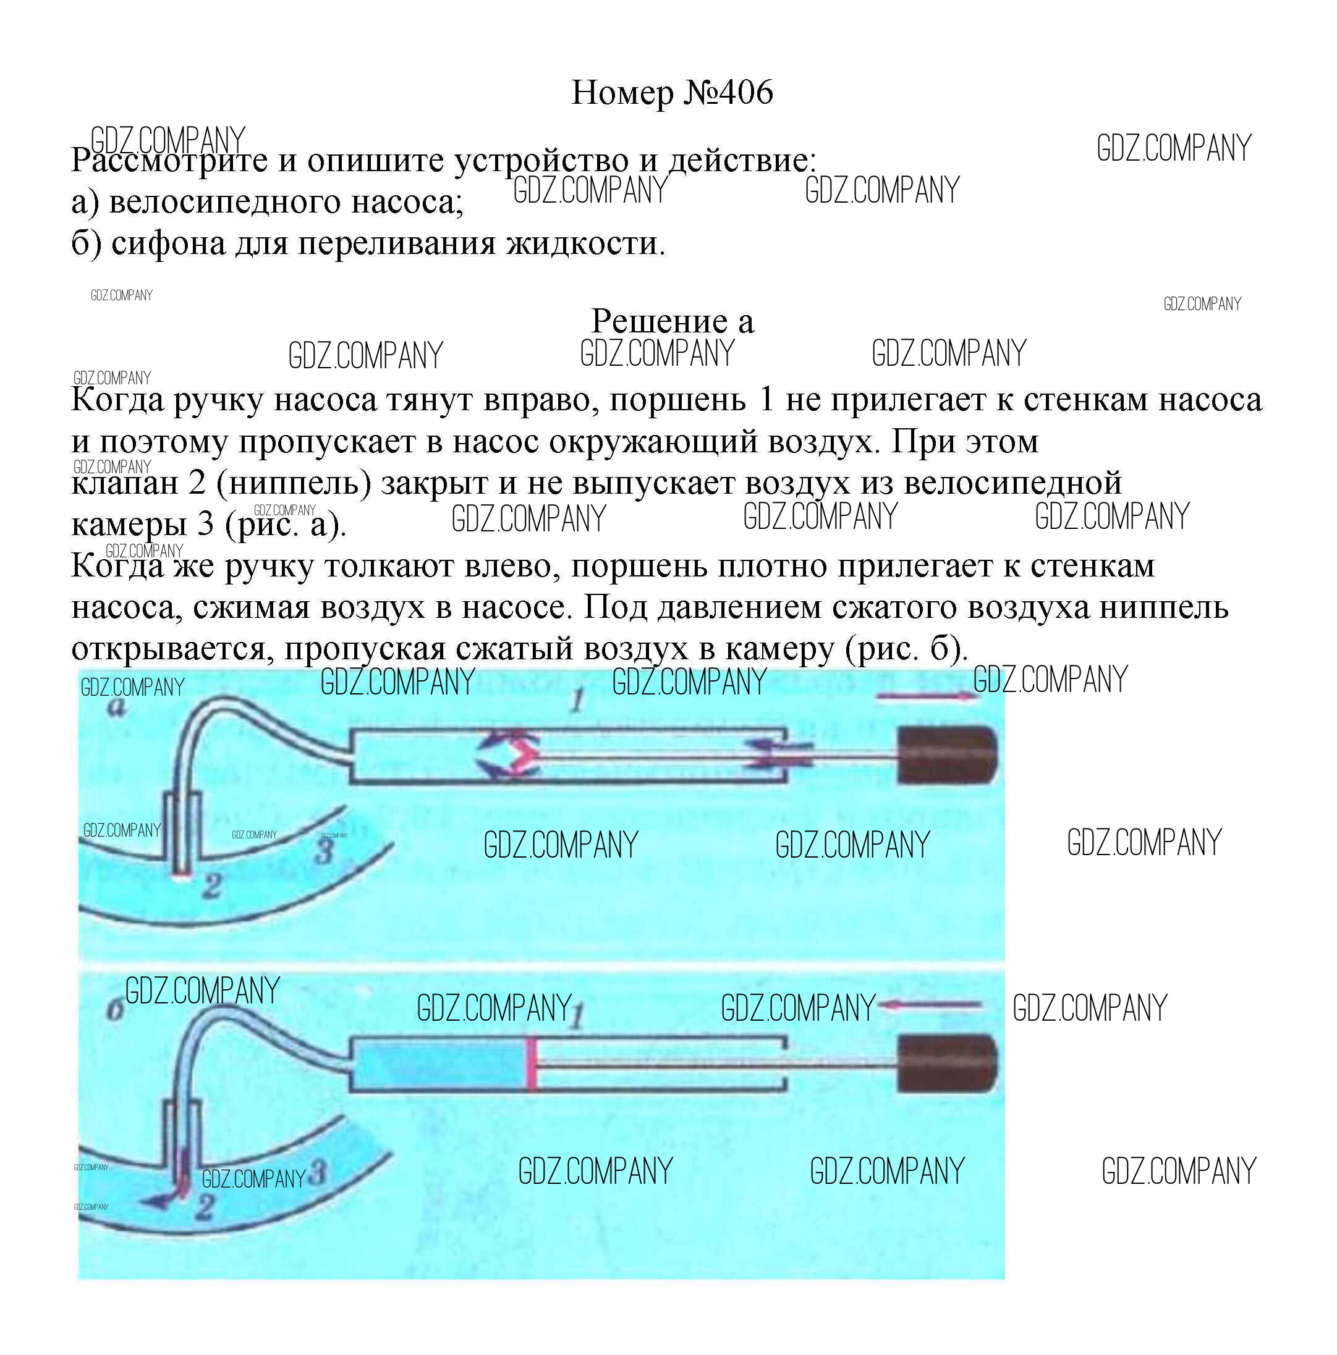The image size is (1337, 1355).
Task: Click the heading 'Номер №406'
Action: point(671,92)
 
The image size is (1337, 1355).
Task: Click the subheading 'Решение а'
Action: point(671,321)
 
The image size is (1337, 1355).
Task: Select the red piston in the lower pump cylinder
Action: point(532,1064)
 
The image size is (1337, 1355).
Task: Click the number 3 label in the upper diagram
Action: point(324,852)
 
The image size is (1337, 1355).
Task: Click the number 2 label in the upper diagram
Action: point(211,887)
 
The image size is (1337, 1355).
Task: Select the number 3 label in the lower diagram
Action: point(317,1172)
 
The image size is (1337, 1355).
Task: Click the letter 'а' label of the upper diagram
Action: point(117,708)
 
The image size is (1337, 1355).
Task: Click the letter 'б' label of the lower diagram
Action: point(116,1010)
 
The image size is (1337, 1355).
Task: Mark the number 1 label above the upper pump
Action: point(577,700)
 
